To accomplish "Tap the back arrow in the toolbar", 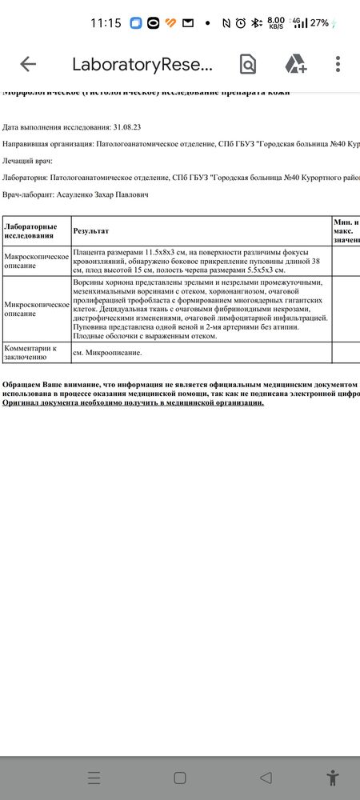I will (28, 65).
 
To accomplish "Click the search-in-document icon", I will (248, 65).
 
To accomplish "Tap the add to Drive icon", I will (296, 65).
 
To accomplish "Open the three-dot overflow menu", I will (338, 65).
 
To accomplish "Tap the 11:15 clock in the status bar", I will (106, 23).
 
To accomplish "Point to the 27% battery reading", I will (320, 23).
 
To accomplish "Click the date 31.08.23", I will (127, 127).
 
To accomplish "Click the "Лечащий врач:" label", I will (27, 161).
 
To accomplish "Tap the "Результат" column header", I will (90, 230).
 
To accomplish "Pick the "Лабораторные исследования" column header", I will (31, 230).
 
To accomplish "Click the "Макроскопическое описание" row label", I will (36, 262).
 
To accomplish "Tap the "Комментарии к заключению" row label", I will (32, 353).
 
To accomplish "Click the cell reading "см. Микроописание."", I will (108, 353).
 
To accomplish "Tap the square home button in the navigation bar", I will (180, 778).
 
